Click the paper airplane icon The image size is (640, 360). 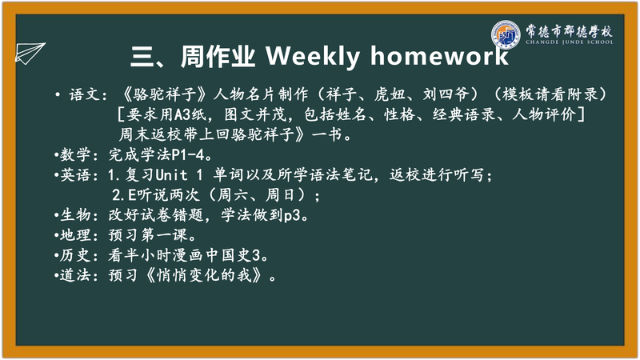coord(30,53)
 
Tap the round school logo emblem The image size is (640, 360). coord(506,34)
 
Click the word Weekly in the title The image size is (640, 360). coord(313,56)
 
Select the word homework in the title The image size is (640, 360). coord(439,55)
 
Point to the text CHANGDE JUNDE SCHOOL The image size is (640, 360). coord(570,42)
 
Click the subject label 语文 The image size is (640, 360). coord(84,94)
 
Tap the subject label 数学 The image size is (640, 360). coord(75,154)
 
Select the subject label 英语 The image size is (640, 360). coord(75,175)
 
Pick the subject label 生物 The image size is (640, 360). coord(75,214)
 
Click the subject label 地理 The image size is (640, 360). coord(75,234)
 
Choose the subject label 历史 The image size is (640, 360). coord(75,255)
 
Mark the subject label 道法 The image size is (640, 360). coord(75,275)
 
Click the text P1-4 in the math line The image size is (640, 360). coord(187,154)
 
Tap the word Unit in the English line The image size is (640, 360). coord(171,175)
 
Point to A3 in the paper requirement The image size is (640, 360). coord(183,114)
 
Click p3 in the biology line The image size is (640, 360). coord(292,215)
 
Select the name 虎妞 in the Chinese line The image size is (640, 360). coord(390,94)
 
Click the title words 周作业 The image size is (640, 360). coord(218,56)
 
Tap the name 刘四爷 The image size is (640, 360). coord(446,94)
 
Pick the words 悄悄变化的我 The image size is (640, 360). coord(204,275)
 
